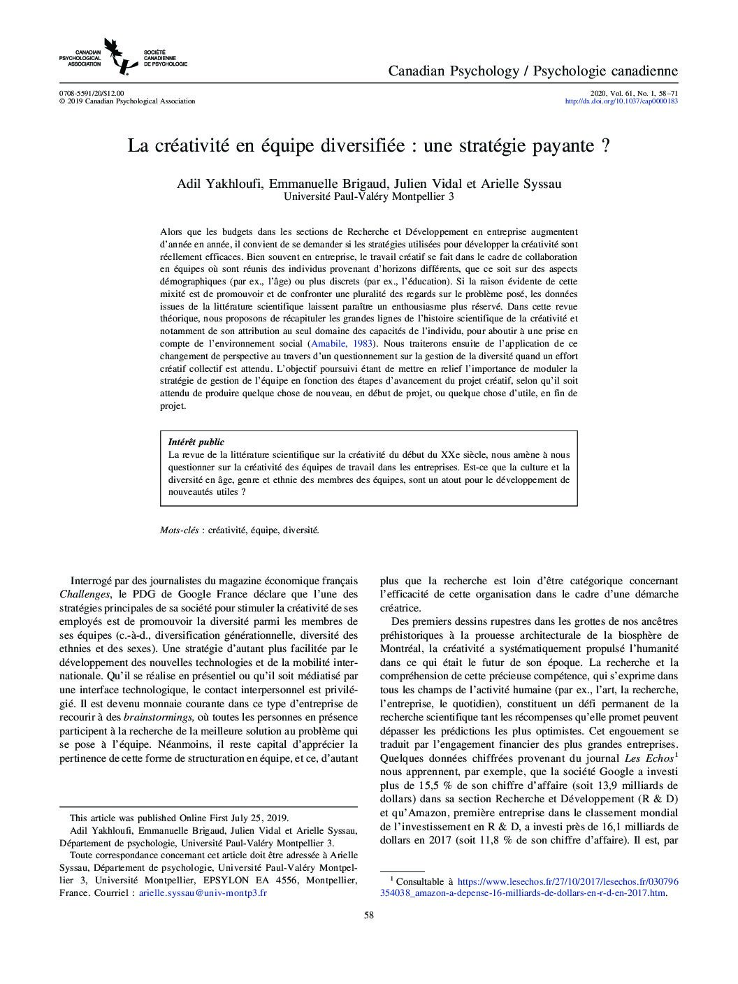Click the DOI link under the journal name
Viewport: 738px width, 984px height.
coord(621,101)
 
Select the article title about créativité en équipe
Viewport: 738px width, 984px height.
coord(368,146)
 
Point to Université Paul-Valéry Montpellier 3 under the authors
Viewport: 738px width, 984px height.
coord(368,197)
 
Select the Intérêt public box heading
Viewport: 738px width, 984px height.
coord(196,442)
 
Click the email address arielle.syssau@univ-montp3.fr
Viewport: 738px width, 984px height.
coord(203,893)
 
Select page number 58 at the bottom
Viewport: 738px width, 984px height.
coord(369,916)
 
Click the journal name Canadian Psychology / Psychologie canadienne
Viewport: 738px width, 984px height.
coord(533,71)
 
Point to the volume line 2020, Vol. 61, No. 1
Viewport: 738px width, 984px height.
coord(634,93)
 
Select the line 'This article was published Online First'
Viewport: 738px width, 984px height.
coord(179,818)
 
